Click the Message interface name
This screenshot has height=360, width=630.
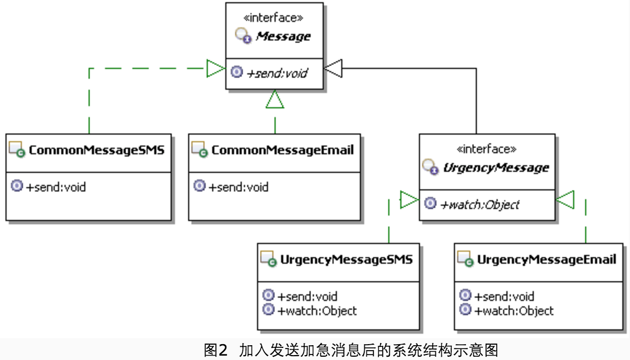(x=283, y=37)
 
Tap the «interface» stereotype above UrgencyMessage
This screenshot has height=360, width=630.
(x=486, y=149)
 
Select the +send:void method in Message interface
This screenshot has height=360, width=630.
(x=277, y=73)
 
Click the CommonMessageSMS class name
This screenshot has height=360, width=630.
(x=96, y=149)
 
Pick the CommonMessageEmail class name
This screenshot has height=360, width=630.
(x=282, y=149)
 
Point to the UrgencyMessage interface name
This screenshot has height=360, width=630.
(x=495, y=167)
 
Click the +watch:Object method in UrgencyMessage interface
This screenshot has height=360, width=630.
(x=480, y=205)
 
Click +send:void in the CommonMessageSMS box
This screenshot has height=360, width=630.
(x=56, y=187)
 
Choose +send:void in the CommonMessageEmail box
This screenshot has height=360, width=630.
(x=238, y=187)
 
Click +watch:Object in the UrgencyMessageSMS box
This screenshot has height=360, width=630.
(x=317, y=311)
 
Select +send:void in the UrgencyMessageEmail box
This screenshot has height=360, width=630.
(x=504, y=297)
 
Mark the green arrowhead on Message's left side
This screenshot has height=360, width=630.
(x=215, y=68)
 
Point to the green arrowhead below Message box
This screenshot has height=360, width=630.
(x=275, y=99)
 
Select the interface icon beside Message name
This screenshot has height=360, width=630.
(x=243, y=37)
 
